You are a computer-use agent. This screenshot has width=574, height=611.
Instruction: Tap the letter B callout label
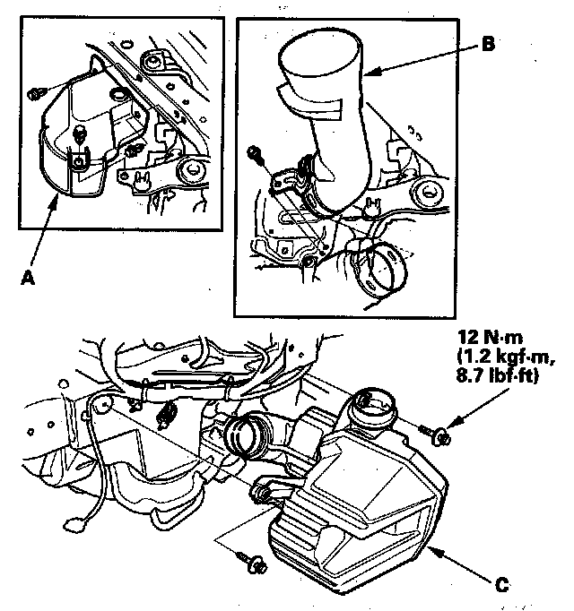(x=489, y=41)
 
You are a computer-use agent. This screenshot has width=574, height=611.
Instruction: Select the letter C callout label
(x=502, y=585)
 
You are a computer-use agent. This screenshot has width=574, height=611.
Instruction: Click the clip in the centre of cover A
(x=81, y=135)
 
